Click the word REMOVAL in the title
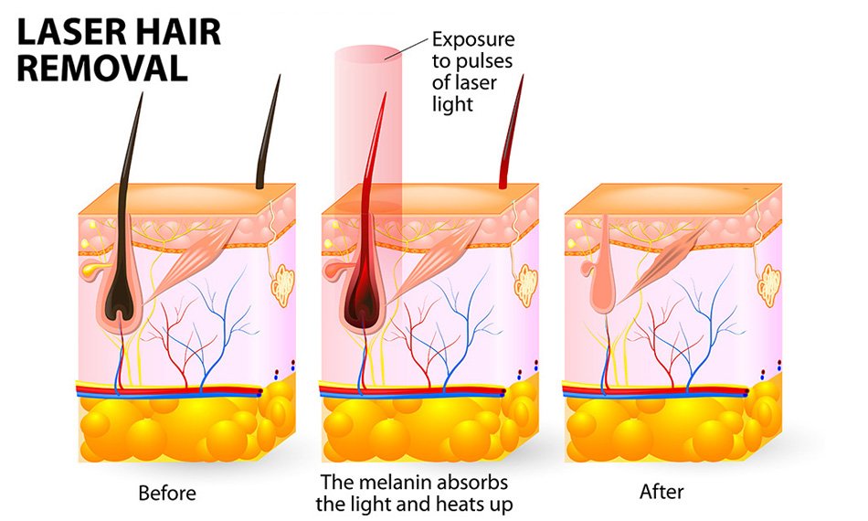[102, 69]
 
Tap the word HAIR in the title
[177, 32]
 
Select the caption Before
[167, 493]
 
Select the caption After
[662, 492]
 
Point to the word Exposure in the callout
[473, 40]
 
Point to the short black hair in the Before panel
[268, 132]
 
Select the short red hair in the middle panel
[511, 132]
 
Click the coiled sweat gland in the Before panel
[283, 285]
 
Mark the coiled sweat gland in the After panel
[769, 285]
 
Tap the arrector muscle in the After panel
[658, 266]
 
